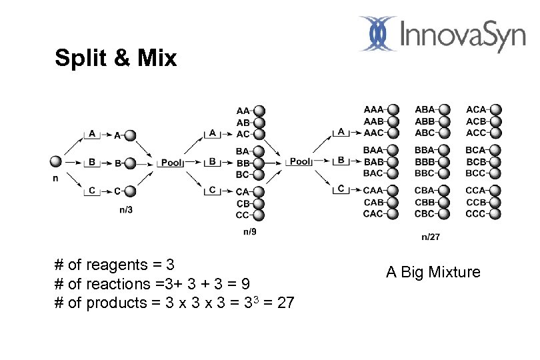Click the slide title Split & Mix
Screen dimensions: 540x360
click(x=115, y=59)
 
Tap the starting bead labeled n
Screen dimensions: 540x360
click(x=57, y=161)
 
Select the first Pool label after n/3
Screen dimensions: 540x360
click(x=171, y=162)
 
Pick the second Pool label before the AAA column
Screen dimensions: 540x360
click(x=300, y=161)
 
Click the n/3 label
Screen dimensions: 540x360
click(x=125, y=210)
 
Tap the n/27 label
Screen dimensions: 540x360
click(x=430, y=237)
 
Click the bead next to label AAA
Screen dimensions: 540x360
click(x=393, y=110)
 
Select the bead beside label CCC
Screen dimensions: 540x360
click(x=495, y=214)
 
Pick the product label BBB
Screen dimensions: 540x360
click(x=424, y=162)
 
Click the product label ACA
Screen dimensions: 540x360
click(x=476, y=110)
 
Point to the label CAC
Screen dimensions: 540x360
click(x=373, y=214)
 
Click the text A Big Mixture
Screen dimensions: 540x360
click(x=433, y=272)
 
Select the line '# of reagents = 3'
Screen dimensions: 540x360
click(x=115, y=265)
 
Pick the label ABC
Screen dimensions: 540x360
click(x=424, y=133)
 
